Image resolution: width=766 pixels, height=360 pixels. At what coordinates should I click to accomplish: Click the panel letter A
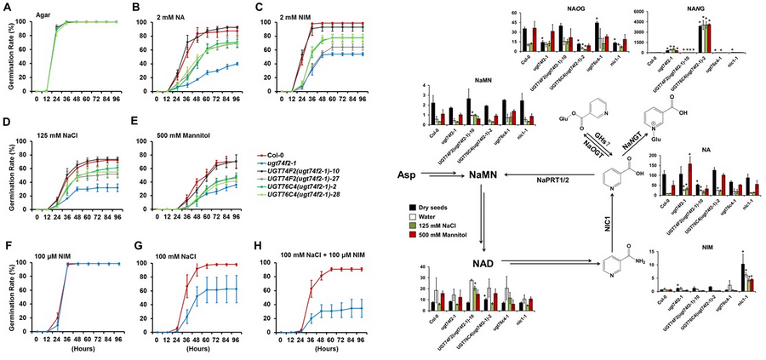[x=6, y=7]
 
